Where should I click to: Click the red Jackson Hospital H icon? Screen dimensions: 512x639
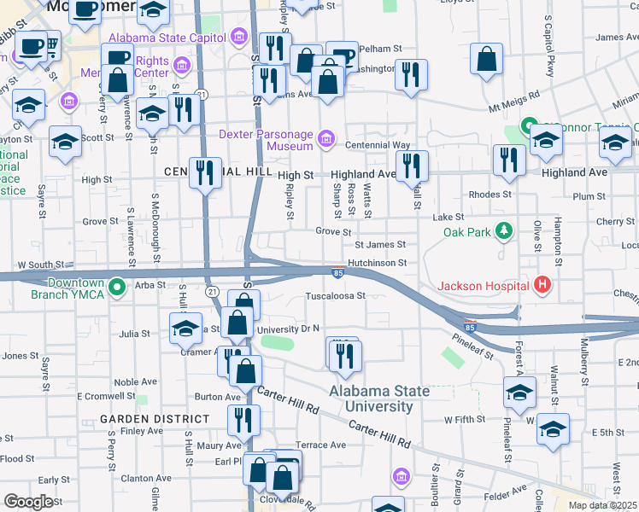point(540,285)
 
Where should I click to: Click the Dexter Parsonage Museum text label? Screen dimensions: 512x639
point(267,139)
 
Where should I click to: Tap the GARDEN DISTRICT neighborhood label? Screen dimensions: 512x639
point(154,419)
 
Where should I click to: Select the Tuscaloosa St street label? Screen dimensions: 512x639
point(336,297)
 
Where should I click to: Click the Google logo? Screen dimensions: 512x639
point(28,502)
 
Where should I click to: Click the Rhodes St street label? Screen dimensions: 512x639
point(490,194)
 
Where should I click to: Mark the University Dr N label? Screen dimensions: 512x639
point(288,328)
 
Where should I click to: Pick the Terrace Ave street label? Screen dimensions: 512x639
point(320,445)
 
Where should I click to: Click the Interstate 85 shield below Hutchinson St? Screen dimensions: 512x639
point(338,273)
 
